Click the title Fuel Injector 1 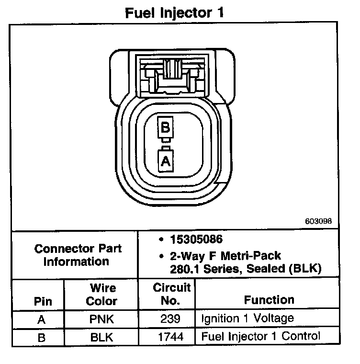tap(174, 12)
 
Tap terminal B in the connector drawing tap(165, 128)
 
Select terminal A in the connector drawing tap(165, 161)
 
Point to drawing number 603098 tap(318, 222)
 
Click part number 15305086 tap(197, 239)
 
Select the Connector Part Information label tap(78, 255)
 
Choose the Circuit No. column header tap(171, 294)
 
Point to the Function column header tap(269, 300)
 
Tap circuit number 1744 tap(171, 337)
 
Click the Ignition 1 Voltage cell tap(247, 318)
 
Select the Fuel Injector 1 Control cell tap(260, 336)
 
